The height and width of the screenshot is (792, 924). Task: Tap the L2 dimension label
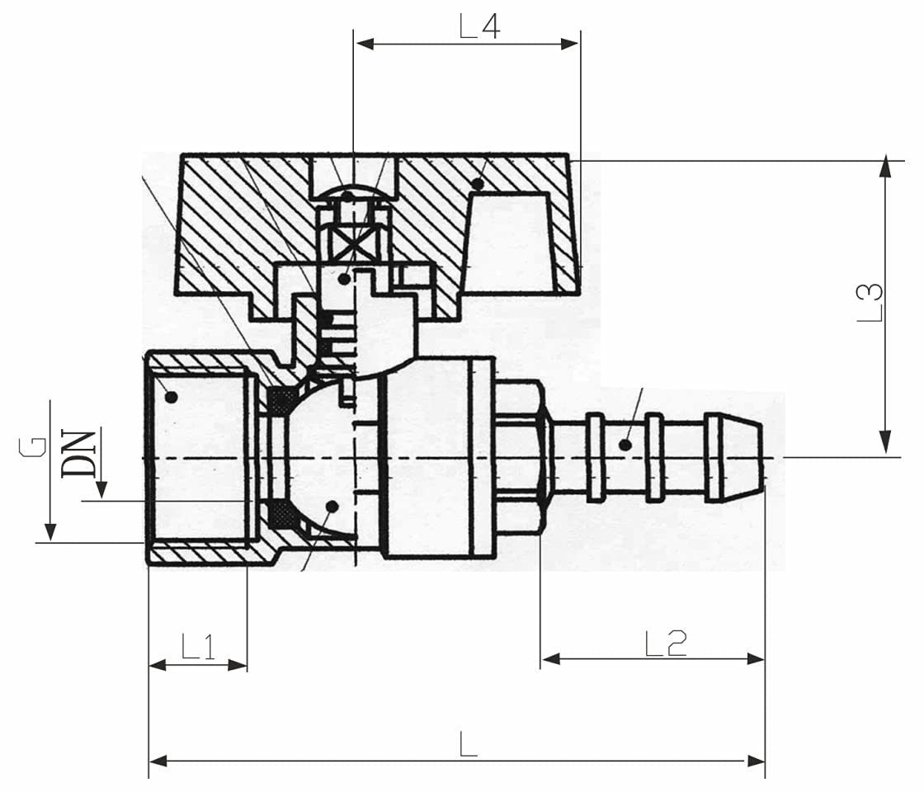coord(666,643)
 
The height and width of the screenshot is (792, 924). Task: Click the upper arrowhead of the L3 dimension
coord(885,166)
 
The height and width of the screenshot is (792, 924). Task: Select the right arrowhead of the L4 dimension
coord(571,44)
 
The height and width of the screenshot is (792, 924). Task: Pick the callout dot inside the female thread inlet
coord(171,397)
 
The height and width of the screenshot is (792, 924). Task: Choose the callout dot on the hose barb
coord(626,445)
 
